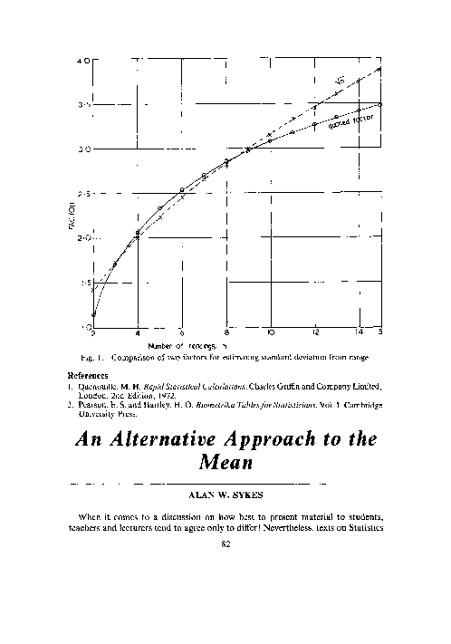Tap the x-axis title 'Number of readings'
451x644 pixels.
click(x=187, y=344)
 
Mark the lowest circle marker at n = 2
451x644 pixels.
click(x=93, y=314)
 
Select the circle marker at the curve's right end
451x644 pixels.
click(x=380, y=104)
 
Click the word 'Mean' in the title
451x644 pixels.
click(x=225, y=467)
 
